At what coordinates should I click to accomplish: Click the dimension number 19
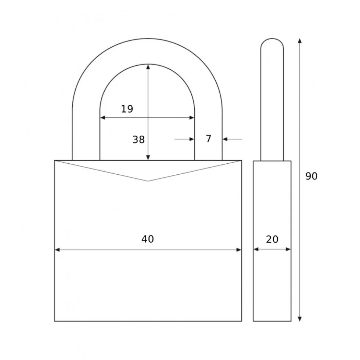[127, 109]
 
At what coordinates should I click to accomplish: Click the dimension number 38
[138, 139]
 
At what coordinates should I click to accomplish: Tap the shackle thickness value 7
[208, 139]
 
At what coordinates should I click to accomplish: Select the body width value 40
[148, 239]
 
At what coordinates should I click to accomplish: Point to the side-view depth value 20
[272, 240]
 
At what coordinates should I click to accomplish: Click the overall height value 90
[311, 176]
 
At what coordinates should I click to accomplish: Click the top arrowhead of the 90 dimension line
[299, 41]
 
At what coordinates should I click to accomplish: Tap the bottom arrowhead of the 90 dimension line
[299, 319]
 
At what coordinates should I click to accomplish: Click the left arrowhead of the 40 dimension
[57, 250]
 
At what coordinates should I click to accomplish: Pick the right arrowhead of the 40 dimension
[239, 250]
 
